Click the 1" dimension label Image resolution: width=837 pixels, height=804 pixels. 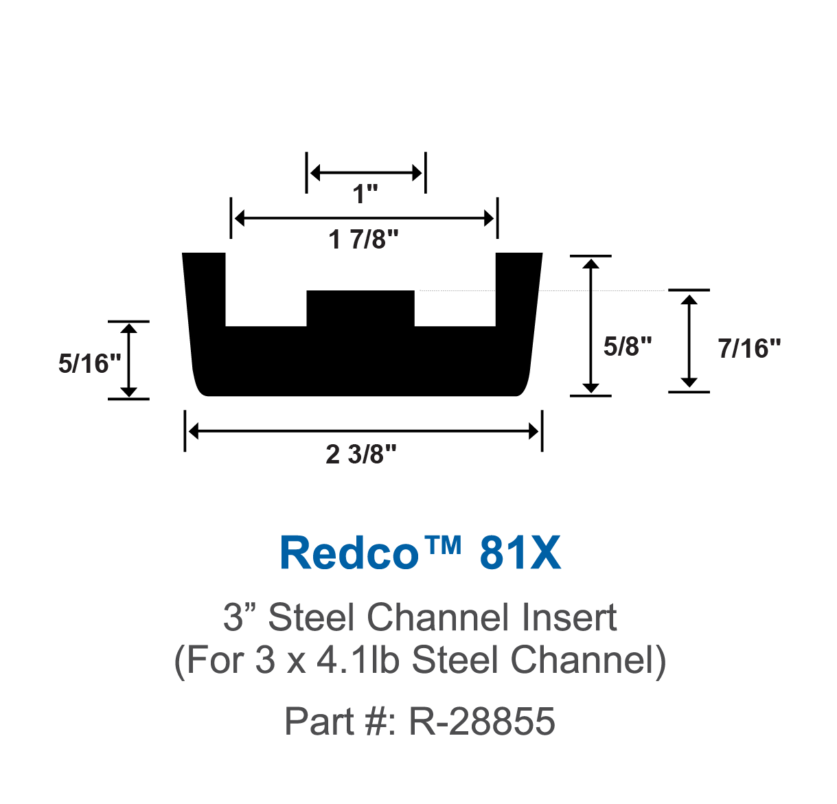pyautogui.click(x=365, y=194)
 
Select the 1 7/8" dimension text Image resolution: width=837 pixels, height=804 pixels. pyautogui.click(x=363, y=240)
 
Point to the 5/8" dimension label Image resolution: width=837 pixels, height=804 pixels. pyautogui.click(x=627, y=347)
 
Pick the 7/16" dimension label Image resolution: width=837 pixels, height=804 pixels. pyautogui.click(x=749, y=349)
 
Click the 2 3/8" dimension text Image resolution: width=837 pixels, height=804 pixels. pyautogui.click(x=361, y=455)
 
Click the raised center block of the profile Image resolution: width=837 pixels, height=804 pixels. pyautogui.click(x=360, y=309)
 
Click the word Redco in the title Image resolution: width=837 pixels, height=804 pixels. pyautogui.click(x=349, y=553)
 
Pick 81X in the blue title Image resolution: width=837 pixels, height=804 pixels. pyautogui.click(x=520, y=553)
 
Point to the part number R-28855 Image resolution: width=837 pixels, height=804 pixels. pyautogui.click(x=481, y=722)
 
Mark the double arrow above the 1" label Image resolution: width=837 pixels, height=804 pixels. pyautogui.click(x=365, y=173)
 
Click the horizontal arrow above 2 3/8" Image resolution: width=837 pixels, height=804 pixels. pyautogui.click(x=363, y=431)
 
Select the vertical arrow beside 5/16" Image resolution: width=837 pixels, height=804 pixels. pyautogui.click(x=129, y=360)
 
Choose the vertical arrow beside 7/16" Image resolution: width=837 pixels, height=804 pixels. pyautogui.click(x=689, y=341)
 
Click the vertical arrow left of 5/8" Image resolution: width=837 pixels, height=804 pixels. pyautogui.click(x=591, y=325)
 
